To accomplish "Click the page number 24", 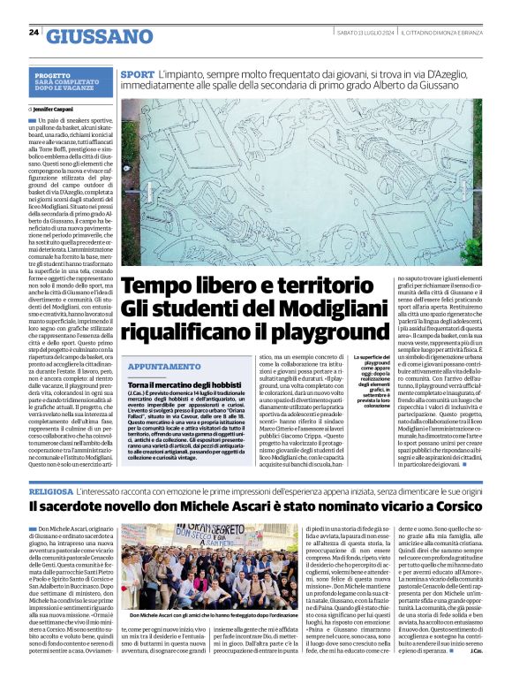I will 34,33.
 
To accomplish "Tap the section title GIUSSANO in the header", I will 99,36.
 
